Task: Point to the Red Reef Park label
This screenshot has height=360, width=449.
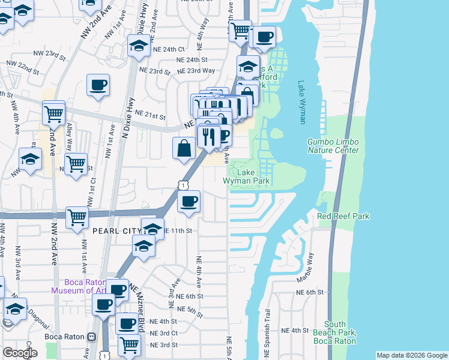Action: pos(343,216)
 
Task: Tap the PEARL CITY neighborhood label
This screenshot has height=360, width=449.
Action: pos(115,230)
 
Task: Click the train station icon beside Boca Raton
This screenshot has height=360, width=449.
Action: pos(91,337)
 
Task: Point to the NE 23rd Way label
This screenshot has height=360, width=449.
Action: pos(195,70)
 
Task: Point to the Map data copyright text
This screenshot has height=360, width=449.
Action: pos(411,355)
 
